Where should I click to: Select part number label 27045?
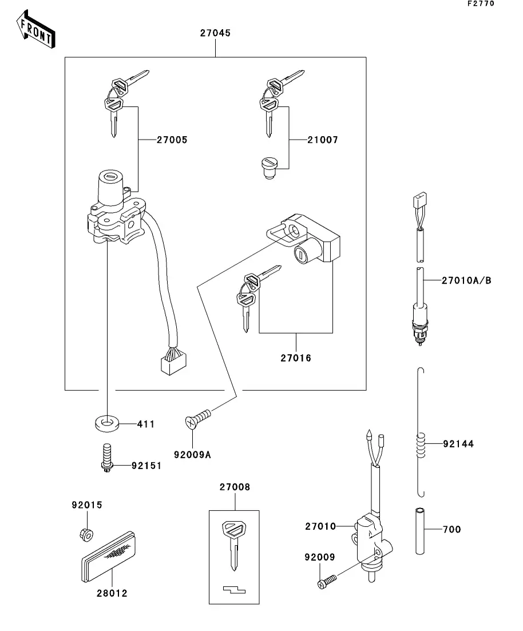pos(215,33)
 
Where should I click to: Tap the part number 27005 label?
pos(172,140)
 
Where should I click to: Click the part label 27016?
pos(296,359)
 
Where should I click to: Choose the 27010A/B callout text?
pos(466,280)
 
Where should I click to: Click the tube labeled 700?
pos(422,530)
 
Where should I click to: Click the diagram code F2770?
pos(480,4)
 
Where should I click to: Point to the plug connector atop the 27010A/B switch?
pos(420,202)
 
